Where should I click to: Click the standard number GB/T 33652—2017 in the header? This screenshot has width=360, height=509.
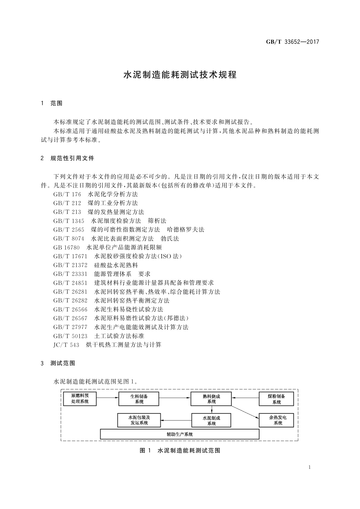[x=292, y=42]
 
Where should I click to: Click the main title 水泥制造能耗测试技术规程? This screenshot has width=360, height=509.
[x=180, y=75]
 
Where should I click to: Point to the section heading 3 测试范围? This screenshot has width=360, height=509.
[x=58, y=363]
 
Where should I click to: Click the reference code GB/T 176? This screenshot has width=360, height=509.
[x=67, y=194]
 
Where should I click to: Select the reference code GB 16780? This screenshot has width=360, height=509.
[x=66, y=248]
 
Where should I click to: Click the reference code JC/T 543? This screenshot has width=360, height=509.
[x=66, y=345]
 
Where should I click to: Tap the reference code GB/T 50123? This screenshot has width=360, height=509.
[x=70, y=336]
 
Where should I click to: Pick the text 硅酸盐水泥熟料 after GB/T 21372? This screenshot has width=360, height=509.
[x=116, y=265]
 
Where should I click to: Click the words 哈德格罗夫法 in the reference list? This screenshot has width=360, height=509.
[x=186, y=230]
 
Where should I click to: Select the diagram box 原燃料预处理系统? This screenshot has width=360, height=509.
[x=80, y=399]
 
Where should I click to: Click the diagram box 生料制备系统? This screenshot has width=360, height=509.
[x=139, y=399]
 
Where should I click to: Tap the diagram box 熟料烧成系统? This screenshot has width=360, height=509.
[x=211, y=399]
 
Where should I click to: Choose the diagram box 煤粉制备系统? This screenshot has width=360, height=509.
[x=276, y=399]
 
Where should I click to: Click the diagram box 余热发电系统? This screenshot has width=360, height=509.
[x=276, y=420]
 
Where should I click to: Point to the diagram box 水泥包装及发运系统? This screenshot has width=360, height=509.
[x=139, y=420]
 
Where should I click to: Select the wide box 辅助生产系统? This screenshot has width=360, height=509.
[x=180, y=434]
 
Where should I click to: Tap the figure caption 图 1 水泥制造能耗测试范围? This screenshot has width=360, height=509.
[x=180, y=451]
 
